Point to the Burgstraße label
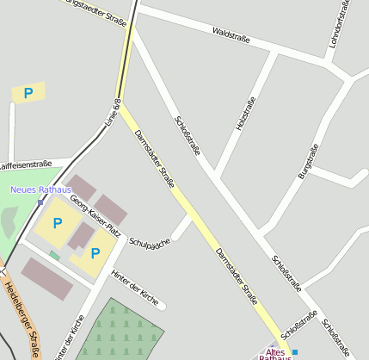(308, 161)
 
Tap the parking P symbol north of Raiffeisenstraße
(28, 93)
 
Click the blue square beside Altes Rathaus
(295, 352)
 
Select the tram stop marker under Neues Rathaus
(40, 202)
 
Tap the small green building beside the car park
(55, 255)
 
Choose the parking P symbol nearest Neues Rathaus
(58, 224)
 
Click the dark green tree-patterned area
(120, 332)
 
